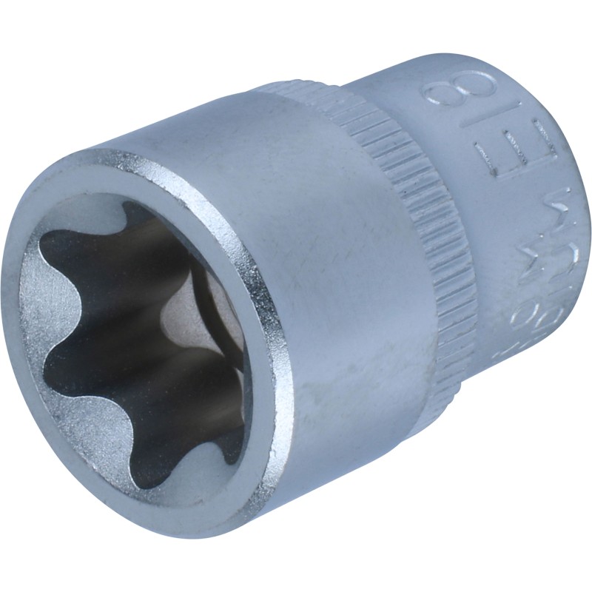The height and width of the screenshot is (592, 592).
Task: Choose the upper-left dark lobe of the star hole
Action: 70,266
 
